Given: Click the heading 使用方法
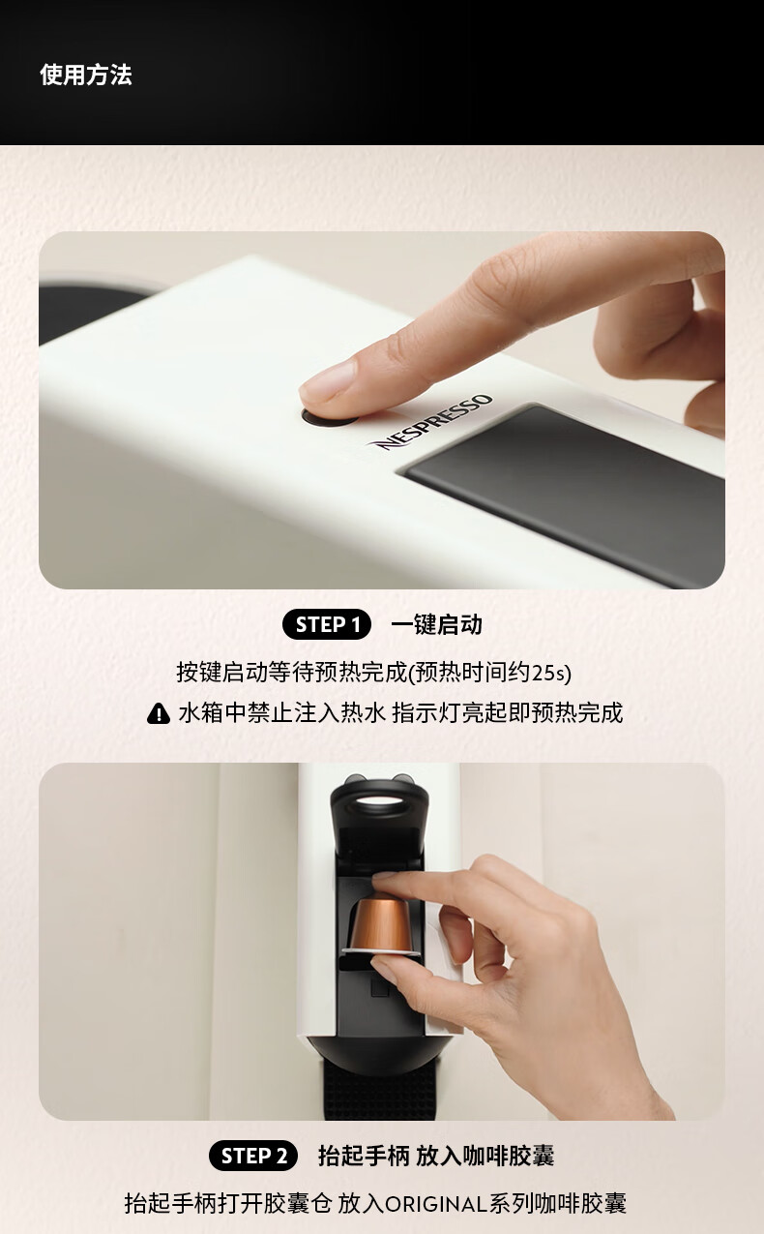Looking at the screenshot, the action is click(86, 75).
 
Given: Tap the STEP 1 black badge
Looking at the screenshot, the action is click(327, 624).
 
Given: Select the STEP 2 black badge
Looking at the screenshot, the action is click(253, 1156).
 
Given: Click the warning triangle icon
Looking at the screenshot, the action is click(159, 713).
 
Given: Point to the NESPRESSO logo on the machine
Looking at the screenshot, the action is click(431, 423).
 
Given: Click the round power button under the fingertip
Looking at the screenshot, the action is click(329, 417).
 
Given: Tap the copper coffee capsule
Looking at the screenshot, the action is click(380, 927).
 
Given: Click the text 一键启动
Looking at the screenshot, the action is click(436, 624).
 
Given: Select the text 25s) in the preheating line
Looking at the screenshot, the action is click(551, 674).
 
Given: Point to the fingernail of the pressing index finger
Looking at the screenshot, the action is click(328, 381).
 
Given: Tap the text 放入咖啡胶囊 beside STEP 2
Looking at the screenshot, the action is click(485, 1156).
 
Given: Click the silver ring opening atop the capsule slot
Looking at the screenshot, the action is click(380, 802).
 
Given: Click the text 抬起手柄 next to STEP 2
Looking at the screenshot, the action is click(364, 1156).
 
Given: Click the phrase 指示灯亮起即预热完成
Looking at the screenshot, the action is click(508, 713).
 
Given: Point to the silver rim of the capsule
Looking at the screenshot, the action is click(381, 951).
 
